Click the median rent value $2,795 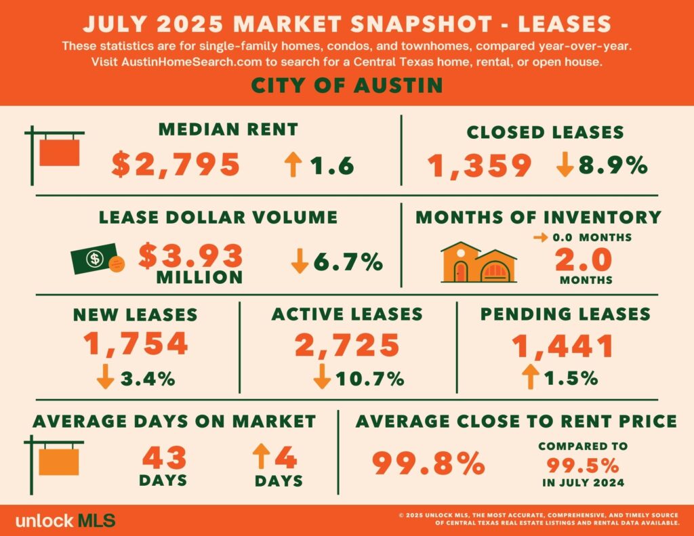click(x=176, y=165)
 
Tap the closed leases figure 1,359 click(x=479, y=165)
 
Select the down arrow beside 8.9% click(x=565, y=165)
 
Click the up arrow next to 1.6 click(x=293, y=165)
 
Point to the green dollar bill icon click(x=95, y=259)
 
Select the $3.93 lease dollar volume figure click(x=192, y=255)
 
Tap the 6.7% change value click(x=346, y=261)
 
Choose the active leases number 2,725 click(x=346, y=344)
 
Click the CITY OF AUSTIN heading click(x=346, y=85)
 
